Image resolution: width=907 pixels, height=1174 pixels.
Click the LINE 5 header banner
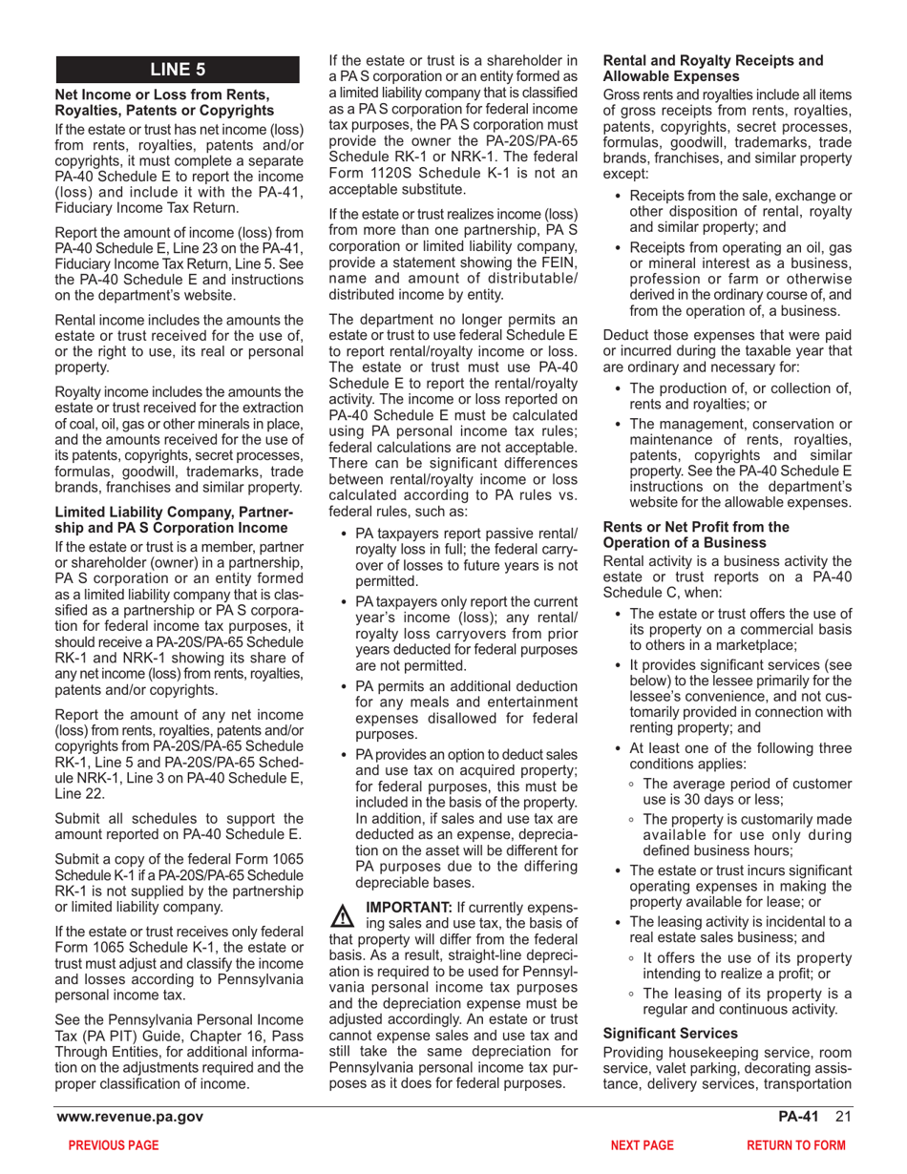[179, 69]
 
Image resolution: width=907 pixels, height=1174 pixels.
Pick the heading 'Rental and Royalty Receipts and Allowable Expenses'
[712, 68]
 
